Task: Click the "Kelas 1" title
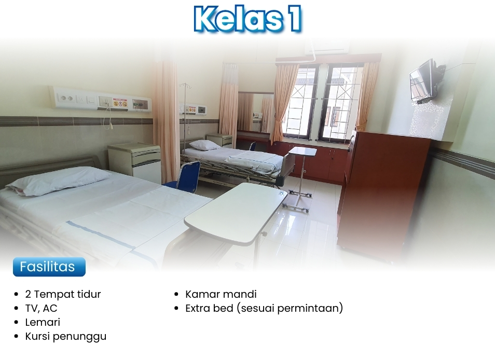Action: (247, 18)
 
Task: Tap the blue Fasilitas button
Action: (49, 267)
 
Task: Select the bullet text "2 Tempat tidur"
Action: (63, 294)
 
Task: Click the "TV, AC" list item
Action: (41, 308)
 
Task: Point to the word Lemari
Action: (43, 322)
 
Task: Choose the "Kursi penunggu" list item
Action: (66, 336)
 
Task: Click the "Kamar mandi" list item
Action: (221, 294)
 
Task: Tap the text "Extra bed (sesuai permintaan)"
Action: (264, 308)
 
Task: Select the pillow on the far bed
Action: (204, 145)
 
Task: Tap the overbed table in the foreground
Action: (236, 213)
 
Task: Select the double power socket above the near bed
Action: (67, 99)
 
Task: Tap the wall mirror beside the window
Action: (256, 113)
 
